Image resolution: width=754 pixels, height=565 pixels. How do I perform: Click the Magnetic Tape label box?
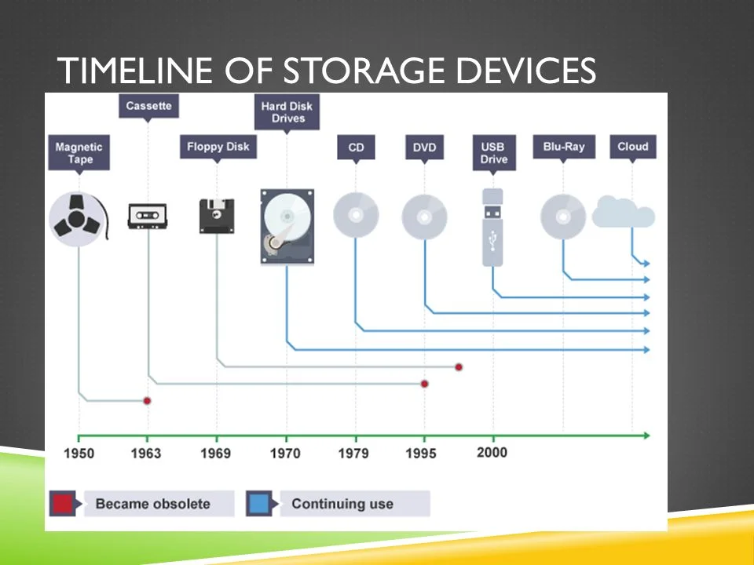click(79, 153)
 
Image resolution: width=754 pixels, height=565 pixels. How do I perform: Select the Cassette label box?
click(148, 106)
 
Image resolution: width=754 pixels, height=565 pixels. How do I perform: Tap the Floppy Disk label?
click(218, 147)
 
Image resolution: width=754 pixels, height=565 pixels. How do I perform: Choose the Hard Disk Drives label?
click(287, 112)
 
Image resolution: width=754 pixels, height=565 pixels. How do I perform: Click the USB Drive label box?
click(494, 153)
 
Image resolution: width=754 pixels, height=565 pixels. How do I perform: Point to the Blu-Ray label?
click(563, 147)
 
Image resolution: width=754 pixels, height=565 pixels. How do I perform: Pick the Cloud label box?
click(632, 147)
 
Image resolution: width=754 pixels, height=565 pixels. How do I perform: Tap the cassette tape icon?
click(148, 215)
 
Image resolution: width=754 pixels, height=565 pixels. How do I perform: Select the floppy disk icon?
click(218, 215)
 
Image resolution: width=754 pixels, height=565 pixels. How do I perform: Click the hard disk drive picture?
click(287, 226)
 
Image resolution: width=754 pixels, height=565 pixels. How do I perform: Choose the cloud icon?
click(624, 212)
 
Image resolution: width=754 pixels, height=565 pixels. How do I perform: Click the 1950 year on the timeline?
click(79, 454)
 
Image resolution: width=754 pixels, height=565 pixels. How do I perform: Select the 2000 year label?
click(492, 452)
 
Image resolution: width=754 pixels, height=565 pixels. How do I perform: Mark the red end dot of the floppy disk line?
click(459, 366)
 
